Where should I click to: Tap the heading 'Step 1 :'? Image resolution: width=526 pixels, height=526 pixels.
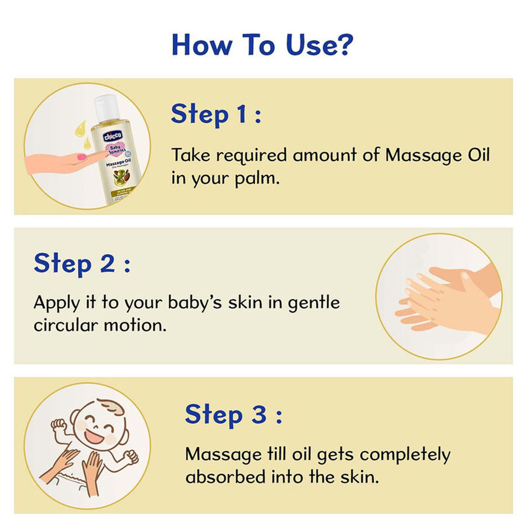(216, 114)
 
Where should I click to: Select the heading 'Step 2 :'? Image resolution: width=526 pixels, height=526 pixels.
(82, 263)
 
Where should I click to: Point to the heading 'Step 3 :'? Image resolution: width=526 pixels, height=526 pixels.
(233, 414)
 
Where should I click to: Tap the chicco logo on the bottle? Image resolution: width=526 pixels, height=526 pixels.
(113, 135)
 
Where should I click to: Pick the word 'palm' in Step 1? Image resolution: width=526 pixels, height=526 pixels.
(256, 179)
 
